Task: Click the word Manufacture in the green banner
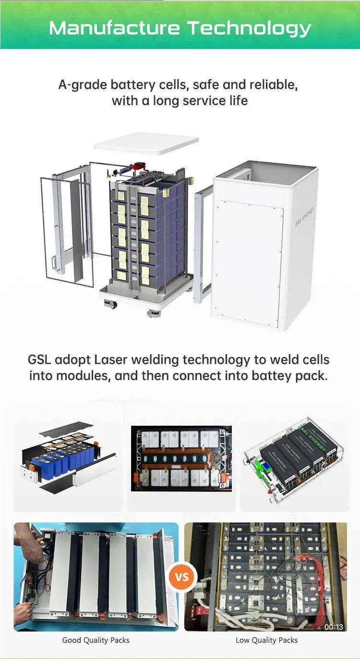pos(114,28)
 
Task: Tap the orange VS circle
pos(182,576)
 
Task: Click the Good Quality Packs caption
pos(96,640)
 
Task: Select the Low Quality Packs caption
pos(266,640)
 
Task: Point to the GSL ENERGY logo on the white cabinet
pos(305,216)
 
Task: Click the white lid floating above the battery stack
pos(146,144)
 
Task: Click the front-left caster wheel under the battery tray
pos(110,304)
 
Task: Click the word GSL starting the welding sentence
pos(39,360)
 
